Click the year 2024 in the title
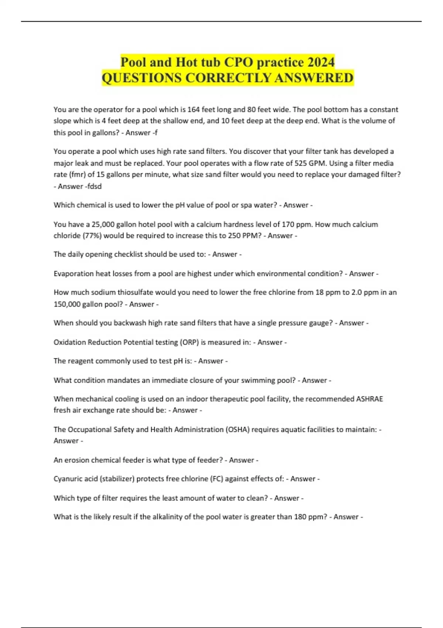321,62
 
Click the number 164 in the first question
194,109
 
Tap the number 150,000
67,304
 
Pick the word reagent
80,361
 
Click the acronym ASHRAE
369,399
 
